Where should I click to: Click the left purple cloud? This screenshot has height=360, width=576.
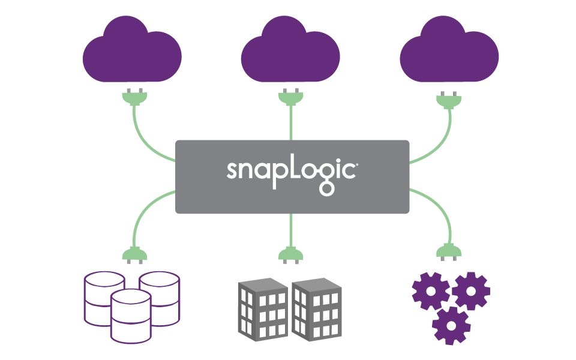[x=132, y=52]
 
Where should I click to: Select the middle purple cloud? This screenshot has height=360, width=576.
[x=290, y=52]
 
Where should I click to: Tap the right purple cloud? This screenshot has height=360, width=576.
[x=449, y=52]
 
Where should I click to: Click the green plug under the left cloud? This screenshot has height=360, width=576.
[x=135, y=97]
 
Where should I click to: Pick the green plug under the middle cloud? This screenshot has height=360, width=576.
[x=291, y=97]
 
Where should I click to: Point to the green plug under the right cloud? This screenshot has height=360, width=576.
[x=449, y=100]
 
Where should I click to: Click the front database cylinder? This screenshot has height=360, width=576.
[x=131, y=316]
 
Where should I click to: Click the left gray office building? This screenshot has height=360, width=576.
[x=263, y=310]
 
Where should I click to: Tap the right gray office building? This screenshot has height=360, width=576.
[x=317, y=310]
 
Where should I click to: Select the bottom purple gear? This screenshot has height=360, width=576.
[x=451, y=326]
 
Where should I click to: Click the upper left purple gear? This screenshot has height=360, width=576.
[x=431, y=292]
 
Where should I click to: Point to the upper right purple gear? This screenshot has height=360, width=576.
[x=471, y=292]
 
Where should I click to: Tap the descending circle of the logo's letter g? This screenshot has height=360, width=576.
[x=326, y=189]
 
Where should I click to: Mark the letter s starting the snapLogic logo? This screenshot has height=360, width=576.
[x=232, y=170]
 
